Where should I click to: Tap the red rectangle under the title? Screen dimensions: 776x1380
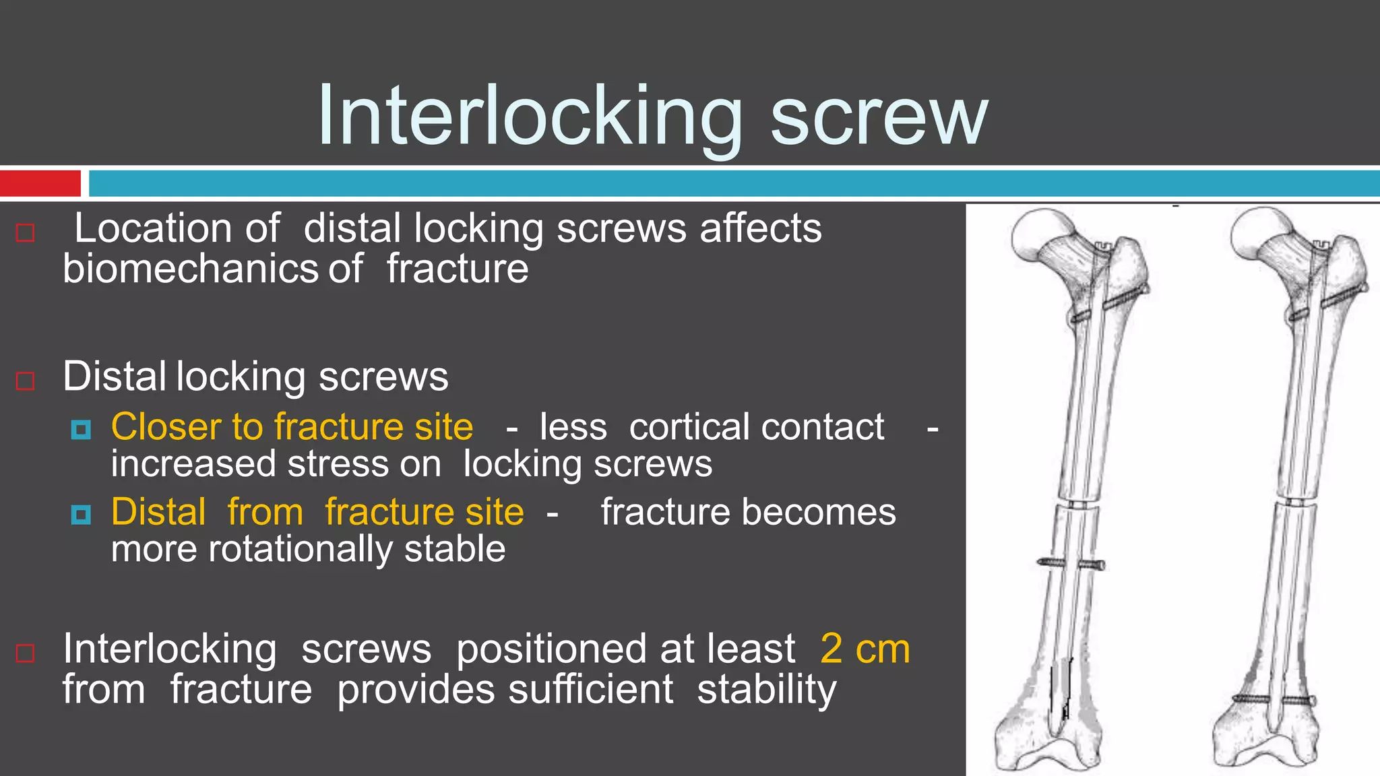click(40, 183)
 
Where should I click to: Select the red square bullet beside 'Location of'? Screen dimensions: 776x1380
click(26, 233)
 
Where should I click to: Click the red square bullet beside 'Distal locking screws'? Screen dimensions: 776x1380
click(26, 381)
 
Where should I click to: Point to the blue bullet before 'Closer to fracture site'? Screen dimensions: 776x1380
click(81, 429)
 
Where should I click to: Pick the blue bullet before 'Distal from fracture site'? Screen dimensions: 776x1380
click(81, 515)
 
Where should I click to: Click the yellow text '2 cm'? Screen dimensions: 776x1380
click(865, 649)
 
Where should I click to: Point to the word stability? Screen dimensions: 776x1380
click(767, 690)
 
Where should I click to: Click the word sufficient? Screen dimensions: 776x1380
click(590, 690)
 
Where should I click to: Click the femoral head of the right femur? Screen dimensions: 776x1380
click(1259, 229)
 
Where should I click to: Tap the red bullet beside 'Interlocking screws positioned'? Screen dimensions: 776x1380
click(26, 653)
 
